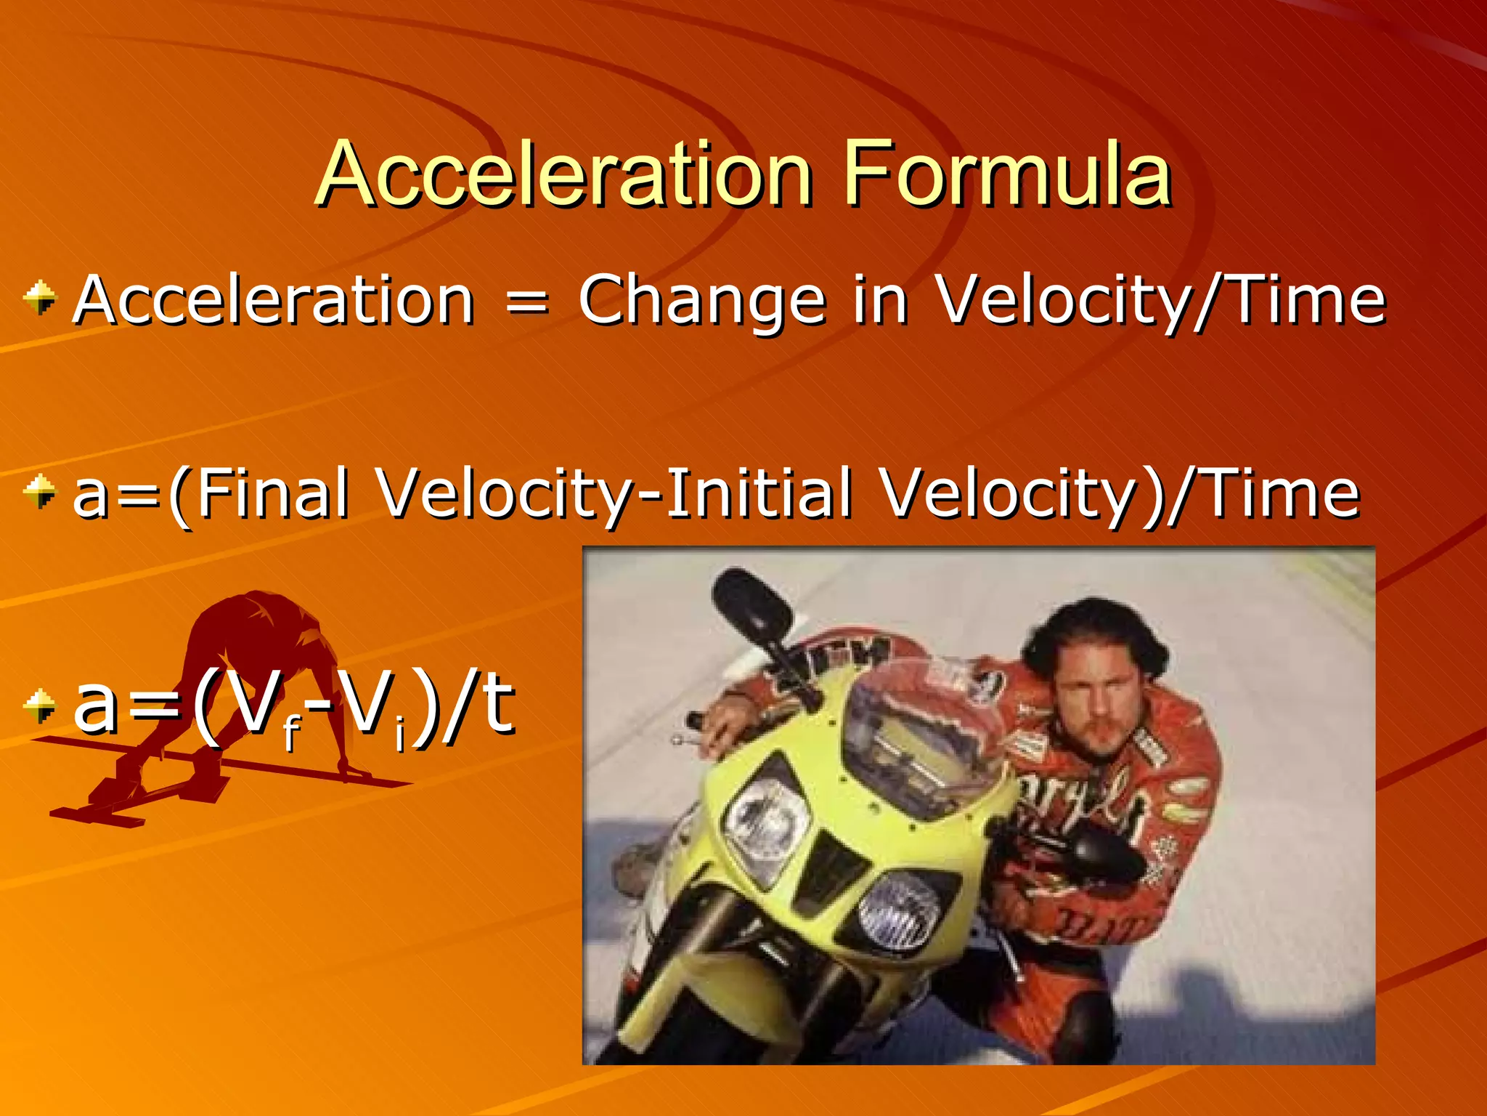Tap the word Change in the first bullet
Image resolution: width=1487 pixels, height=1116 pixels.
(701, 300)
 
